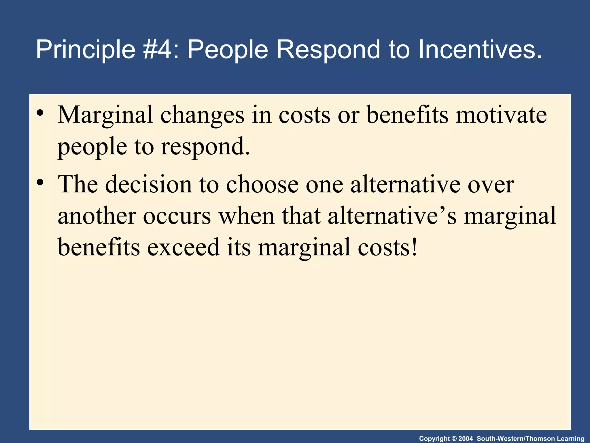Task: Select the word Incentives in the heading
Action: tap(480, 50)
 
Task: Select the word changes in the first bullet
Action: tap(202, 115)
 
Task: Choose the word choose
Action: tap(262, 184)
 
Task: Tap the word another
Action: tap(97, 216)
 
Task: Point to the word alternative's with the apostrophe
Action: tap(392, 216)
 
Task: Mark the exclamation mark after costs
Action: tap(414, 247)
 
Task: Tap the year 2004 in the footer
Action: tap(466, 439)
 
